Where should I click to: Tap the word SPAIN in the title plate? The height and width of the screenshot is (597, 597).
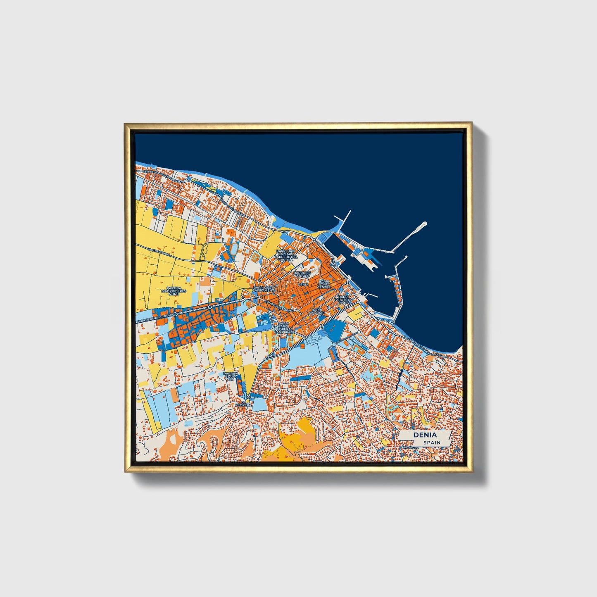pyautogui.click(x=432, y=442)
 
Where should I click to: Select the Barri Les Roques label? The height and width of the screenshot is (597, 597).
pyautogui.click(x=302, y=274)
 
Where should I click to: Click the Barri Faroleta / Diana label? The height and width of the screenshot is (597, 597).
pyautogui.click(x=343, y=300)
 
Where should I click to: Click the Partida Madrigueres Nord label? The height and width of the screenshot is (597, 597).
pyautogui.click(x=174, y=291)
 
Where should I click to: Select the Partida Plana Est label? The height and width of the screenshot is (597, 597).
pyautogui.click(x=231, y=376)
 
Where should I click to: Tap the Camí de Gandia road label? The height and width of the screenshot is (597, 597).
pyautogui.click(x=148, y=249)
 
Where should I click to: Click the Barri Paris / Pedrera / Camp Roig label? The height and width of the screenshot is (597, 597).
pyautogui.click(x=283, y=328)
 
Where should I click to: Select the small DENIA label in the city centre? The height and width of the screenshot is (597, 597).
pyautogui.click(x=303, y=284)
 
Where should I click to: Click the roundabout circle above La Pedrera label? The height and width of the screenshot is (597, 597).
pyautogui.click(x=248, y=396)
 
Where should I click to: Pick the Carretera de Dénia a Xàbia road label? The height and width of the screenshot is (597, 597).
pyautogui.click(x=425, y=348)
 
